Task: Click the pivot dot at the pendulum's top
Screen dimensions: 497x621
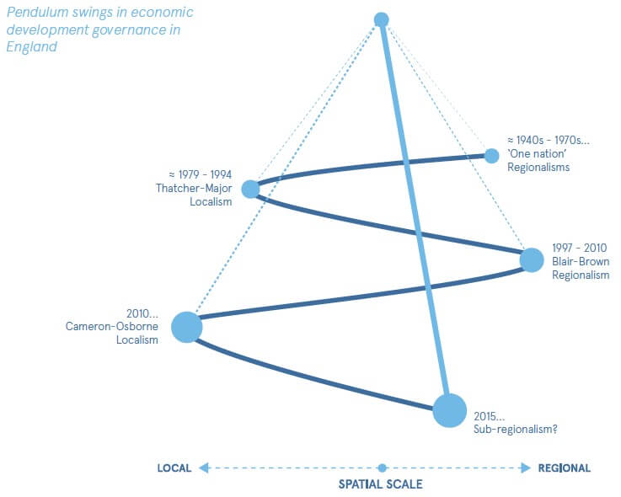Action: (x=381, y=19)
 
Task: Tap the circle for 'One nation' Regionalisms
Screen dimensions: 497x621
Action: (x=491, y=155)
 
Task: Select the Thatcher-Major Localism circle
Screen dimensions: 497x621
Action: (x=250, y=189)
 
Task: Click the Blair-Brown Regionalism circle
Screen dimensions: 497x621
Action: (x=532, y=260)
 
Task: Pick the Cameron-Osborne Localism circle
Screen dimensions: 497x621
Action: (x=187, y=327)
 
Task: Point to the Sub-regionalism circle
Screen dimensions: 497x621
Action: (x=449, y=410)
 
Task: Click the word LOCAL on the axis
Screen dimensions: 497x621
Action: (x=174, y=468)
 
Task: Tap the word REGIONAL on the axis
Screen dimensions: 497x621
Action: (x=564, y=468)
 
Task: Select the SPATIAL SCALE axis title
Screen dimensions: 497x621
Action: (x=380, y=484)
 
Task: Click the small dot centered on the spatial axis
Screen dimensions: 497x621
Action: (x=382, y=468)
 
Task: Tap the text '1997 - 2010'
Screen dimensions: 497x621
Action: (x=581, y=248)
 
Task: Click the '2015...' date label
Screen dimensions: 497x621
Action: (x=489, y=415)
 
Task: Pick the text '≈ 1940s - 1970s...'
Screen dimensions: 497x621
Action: (x=548, y=140)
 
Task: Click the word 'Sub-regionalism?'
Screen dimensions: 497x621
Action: (x=515, y=429)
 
